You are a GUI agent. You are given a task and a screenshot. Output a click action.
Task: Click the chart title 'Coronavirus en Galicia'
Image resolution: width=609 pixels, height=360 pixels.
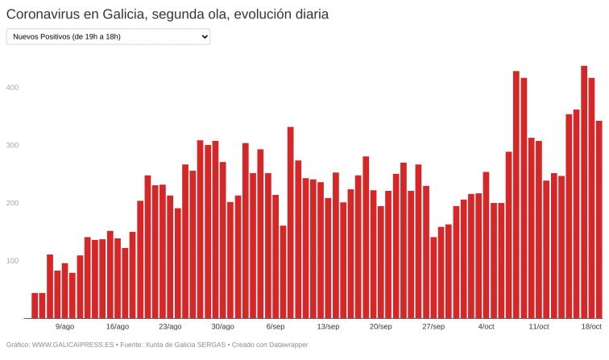[167, 14]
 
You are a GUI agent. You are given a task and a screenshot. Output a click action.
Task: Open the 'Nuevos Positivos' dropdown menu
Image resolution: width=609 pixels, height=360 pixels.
[108, 36]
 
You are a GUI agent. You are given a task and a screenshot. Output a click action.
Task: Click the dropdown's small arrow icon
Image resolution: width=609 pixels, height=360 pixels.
[204, 36]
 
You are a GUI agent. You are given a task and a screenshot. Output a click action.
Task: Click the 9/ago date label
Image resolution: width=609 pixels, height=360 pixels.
[64, 327]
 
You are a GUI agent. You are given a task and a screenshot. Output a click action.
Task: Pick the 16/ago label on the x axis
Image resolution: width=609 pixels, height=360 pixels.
[117, 327]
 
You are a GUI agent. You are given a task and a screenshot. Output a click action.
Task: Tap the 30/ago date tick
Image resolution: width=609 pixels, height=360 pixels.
[222, 327]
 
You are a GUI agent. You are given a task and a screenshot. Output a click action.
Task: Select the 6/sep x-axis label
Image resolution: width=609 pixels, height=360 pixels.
[275, 327]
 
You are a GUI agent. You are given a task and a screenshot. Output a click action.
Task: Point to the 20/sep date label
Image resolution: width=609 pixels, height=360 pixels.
[380, 327]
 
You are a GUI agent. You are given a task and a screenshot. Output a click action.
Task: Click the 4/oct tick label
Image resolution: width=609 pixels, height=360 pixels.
[486, 327]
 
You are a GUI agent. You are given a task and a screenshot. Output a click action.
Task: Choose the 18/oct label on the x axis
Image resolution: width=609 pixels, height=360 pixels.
[591, 327]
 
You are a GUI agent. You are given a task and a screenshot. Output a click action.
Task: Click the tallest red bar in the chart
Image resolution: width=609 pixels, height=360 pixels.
[584, 193]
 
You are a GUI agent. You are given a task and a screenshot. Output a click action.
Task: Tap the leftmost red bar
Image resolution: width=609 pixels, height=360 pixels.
[35, 305]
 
